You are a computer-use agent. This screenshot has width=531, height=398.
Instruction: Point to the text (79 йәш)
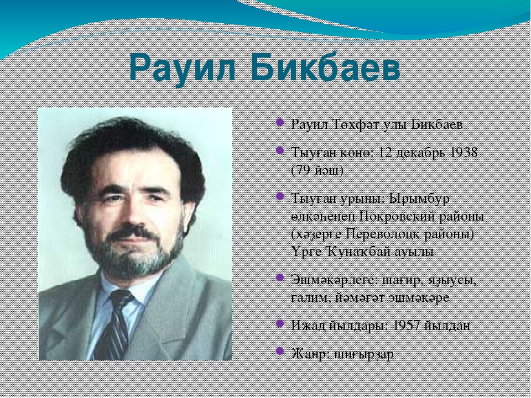point(317,170)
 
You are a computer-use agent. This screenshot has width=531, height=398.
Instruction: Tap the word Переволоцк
point(384,234)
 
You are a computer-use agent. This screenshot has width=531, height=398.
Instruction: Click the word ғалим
point(310,298)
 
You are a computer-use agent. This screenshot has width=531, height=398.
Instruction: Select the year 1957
point(405,326)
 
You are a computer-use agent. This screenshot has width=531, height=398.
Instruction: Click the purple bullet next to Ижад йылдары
point(280,323)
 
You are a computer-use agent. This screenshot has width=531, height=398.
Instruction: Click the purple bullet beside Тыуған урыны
point(280,196)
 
